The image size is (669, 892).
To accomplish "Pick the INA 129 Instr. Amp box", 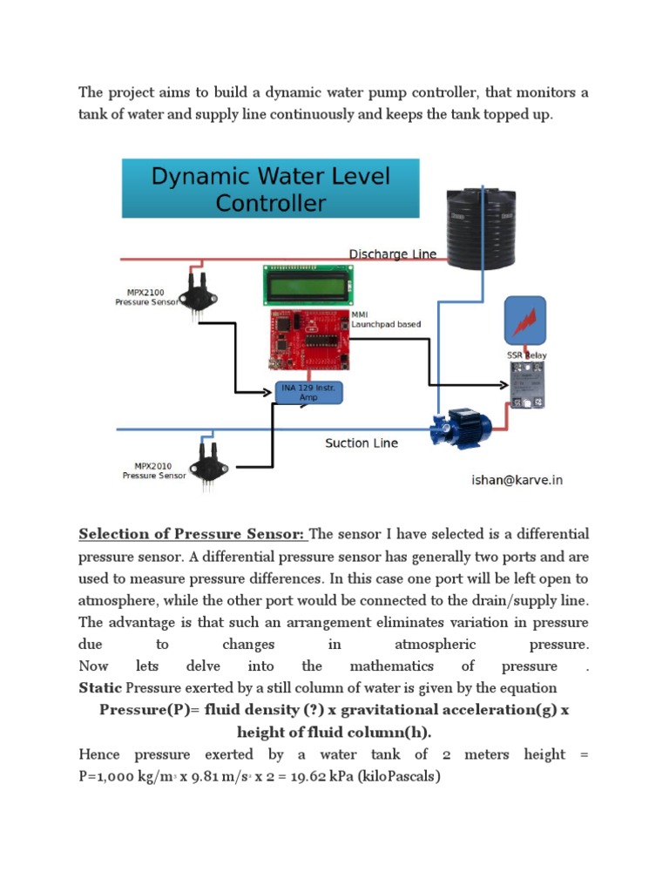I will coord(308,392).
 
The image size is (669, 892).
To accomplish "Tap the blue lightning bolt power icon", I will coord(525,321).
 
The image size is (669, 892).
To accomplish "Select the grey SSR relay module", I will coord(528,385).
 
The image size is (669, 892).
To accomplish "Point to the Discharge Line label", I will coord(392,254).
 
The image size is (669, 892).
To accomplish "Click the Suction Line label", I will coord(362,443).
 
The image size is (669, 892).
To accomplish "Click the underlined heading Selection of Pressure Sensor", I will coord(192,534).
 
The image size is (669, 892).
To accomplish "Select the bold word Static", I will coord(100,688).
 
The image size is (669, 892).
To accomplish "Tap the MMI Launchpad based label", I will coord(385,319).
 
